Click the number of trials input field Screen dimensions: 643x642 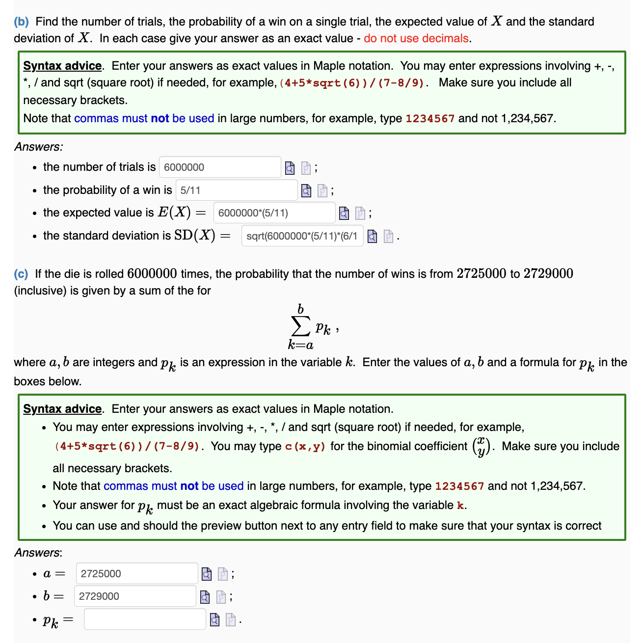(x=219, y=167)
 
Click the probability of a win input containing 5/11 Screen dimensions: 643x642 (x=236, y=190)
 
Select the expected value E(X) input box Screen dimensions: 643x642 (x=274, y=213)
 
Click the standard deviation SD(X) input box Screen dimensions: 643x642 (x=302, y=236)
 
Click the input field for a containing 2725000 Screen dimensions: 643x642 (x=136, y=574)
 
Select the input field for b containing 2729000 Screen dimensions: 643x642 (x=135, y=596)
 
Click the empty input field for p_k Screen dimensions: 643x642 (x=145, y=619)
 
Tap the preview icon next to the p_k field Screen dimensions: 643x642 (x=214, y=620)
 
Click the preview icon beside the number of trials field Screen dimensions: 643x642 (x=290, y=168)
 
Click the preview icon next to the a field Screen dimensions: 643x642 (x=207, y=574)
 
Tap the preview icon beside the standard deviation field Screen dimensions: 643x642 (x=373, y=237)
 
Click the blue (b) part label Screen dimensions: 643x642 (x=21, y=22)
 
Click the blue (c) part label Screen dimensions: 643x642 (x=21, y=274)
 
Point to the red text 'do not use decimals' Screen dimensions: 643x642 (x=416, y=39)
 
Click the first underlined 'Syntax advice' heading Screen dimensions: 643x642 (x=62, y=66)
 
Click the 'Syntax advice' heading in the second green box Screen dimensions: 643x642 (x=62, y=409)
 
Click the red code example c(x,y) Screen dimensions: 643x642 (x=305, y=447)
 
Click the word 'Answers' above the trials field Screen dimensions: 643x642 (x=38, y=147)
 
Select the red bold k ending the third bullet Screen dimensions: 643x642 (x=460, y=506)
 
